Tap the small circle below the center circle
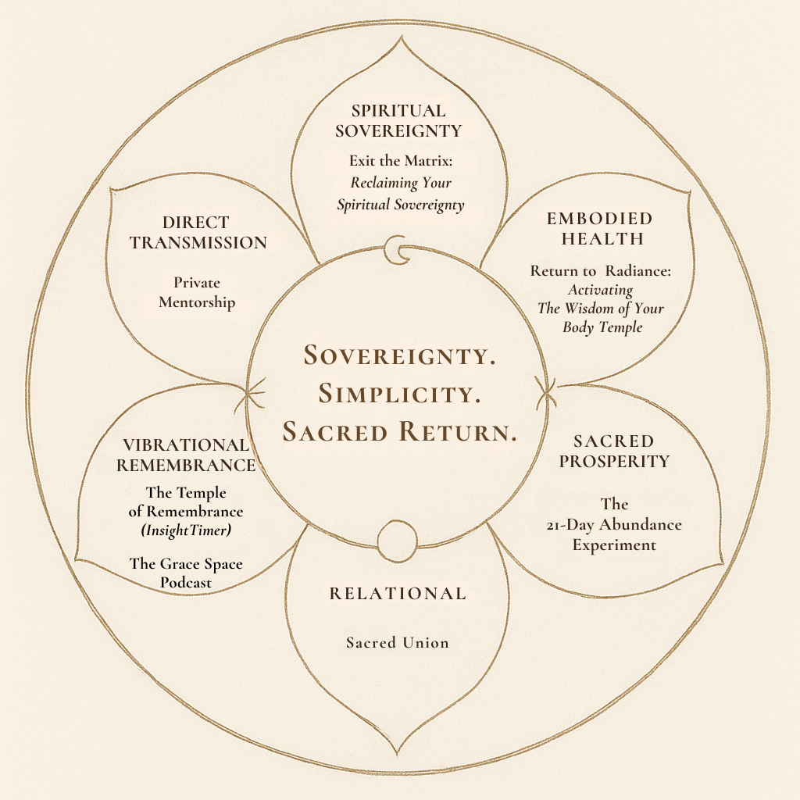394,540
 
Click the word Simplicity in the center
399,392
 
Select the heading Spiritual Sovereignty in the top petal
398,120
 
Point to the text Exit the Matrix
400,162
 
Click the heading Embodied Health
600,228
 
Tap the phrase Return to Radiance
601,271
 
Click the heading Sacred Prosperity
613,452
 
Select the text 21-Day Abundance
613,524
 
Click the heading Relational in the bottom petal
398,594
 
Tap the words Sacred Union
398,643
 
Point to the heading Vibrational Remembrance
186,455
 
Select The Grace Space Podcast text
186,573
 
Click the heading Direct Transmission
198,233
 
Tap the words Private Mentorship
197,292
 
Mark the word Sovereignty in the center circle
399,355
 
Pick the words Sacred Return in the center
399,430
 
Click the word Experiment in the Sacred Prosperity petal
613,545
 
